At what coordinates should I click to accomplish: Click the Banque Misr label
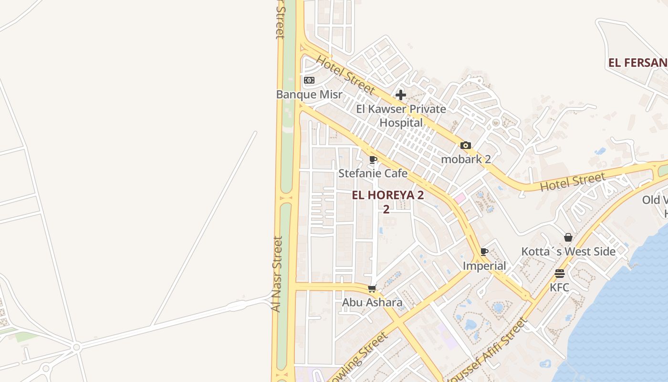[x=309, y=94]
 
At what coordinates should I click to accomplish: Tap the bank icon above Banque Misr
[x=309, y=80]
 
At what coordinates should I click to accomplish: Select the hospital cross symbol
[x=401, y=95]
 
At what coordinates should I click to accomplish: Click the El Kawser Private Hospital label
[x=401, y=116]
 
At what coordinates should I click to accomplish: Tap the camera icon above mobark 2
[x=466, y=145]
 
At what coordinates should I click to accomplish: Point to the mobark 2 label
[x=466, y=159]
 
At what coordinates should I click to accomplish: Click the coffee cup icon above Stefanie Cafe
[x=373, y=159]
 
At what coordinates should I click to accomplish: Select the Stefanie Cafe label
[x=373, y=173]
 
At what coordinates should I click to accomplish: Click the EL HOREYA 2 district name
[x=388, y=195]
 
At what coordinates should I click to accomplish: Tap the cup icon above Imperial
[x=484, y=252]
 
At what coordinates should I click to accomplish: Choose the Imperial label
[x=484, y=265]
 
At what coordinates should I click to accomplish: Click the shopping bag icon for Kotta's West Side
[x=568, y=237]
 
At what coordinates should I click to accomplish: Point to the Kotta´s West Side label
[x=568, y=251]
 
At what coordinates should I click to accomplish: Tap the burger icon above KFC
[x=560, y=274]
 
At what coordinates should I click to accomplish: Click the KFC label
[x=560, y=287]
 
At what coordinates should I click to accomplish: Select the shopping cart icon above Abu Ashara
[x=372, y=288]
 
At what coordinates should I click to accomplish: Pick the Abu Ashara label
[x=372, y=302]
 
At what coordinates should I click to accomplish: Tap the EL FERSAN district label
[x=637, y=63]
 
